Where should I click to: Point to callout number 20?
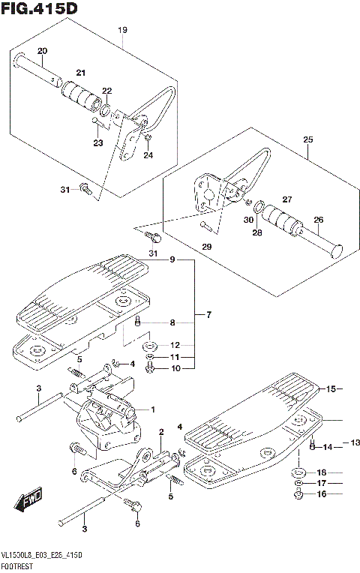pyautogui.click(x=42, y=51)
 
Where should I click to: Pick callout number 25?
pyautogui.click(x=307, y=139)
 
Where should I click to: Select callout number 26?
pyautogui.click(x=318, y=220)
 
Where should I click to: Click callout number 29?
pyautogui.click(x=206, y=245)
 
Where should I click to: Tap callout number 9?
pyautogui.click(x=172, y=260)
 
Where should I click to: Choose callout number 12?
pyautogui.click(x=175, y=346)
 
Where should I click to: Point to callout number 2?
pyautogui.click(x=161, y=431)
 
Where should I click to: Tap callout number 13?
pyautogui.click(x=355, y=443)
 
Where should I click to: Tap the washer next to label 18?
pyautogui.click(x=298, y=472)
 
